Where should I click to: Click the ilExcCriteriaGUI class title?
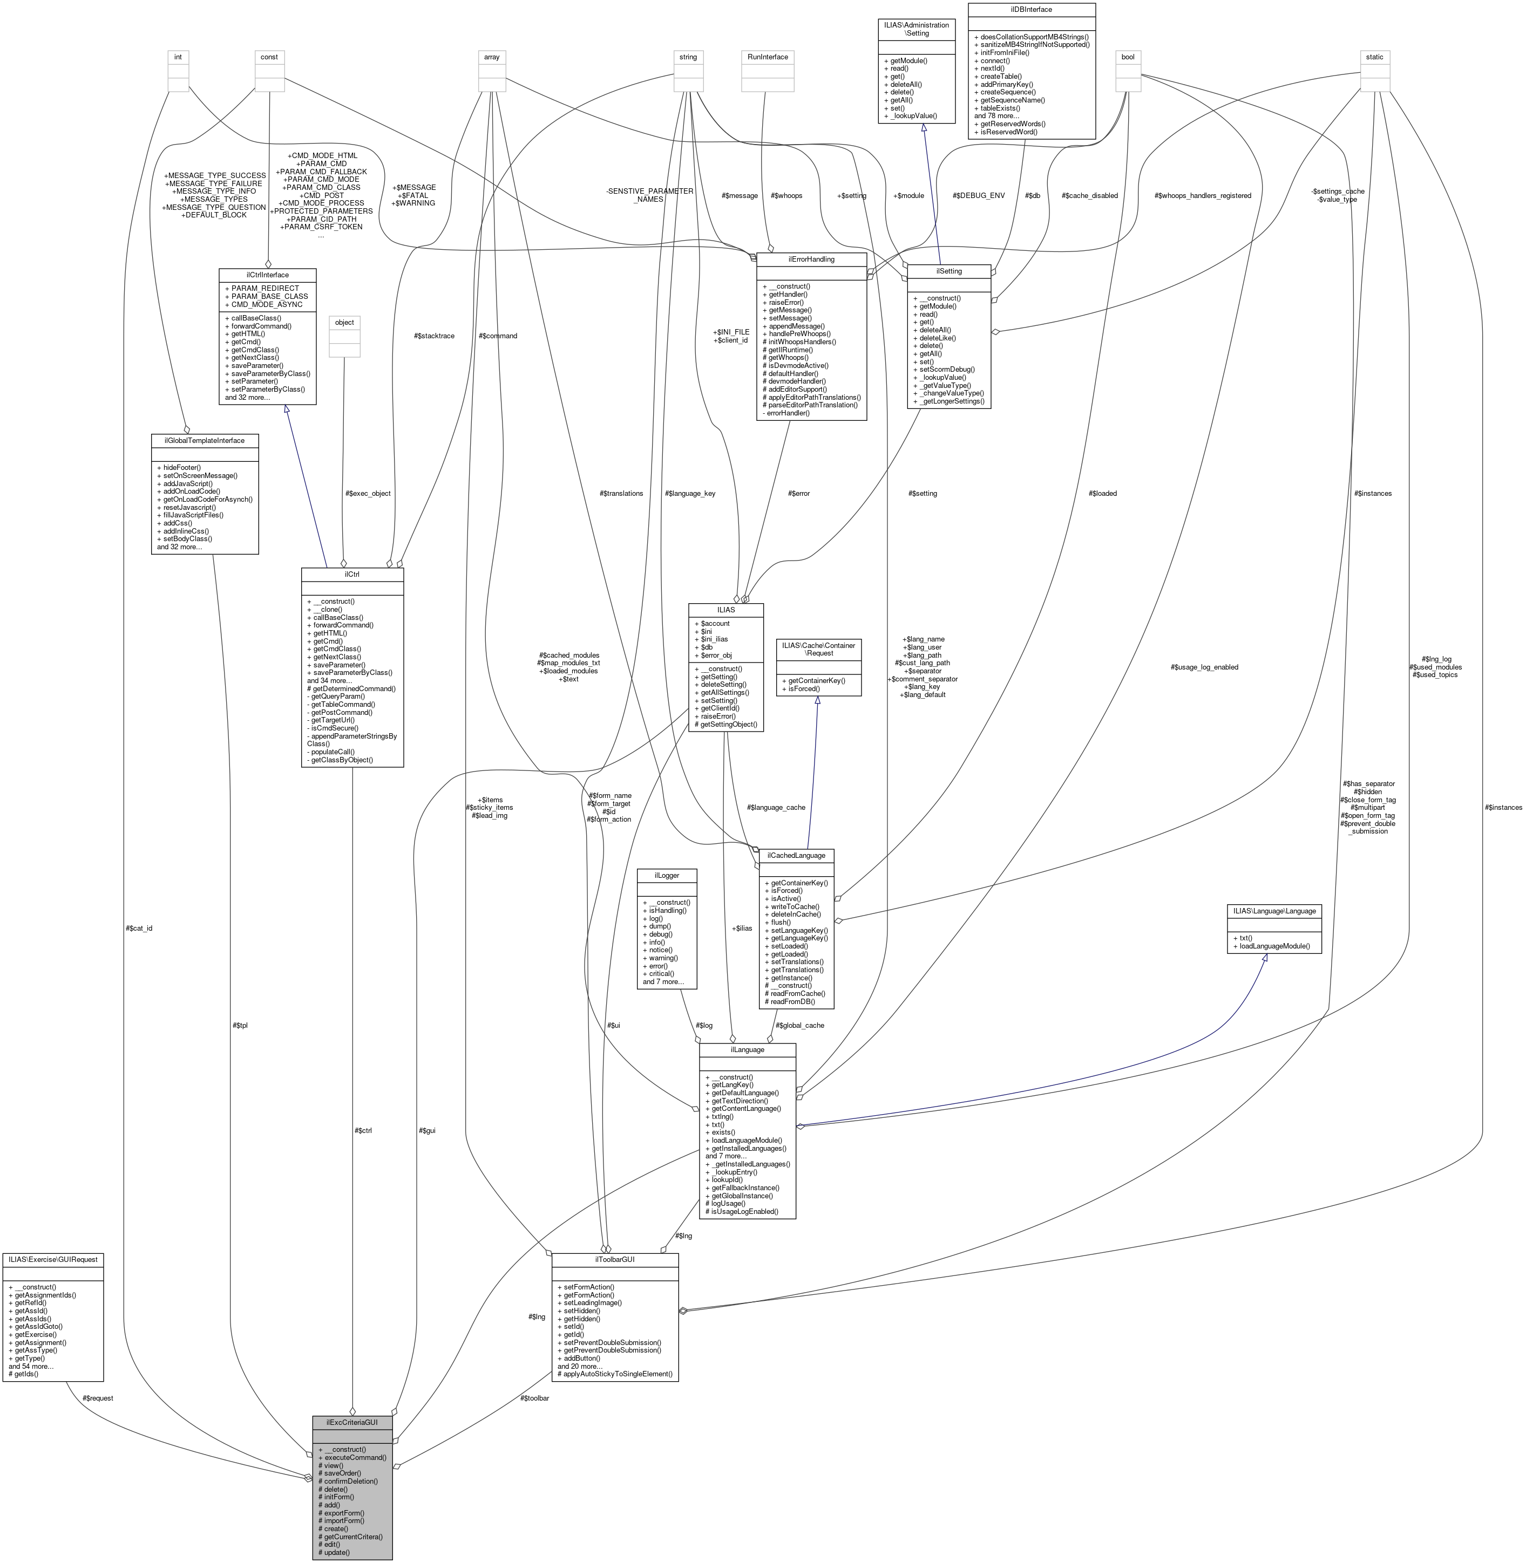352,1423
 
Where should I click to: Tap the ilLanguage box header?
747,1049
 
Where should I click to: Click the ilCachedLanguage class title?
797,856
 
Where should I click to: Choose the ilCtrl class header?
352,575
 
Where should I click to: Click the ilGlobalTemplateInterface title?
205,440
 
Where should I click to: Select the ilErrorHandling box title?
811,259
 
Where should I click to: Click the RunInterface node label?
767,57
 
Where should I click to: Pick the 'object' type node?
344,322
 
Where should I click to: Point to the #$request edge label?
98,1398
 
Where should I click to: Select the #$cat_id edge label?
139,927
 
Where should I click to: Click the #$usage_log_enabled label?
1204,666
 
